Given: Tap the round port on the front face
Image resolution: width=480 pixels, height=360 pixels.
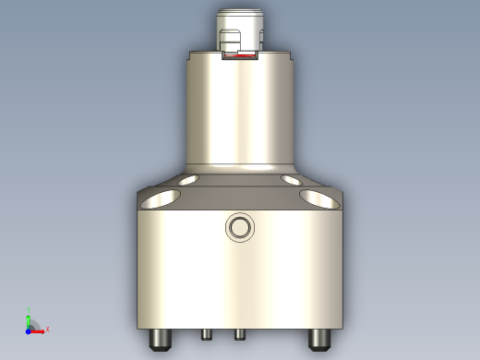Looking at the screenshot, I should [x=240, y=227].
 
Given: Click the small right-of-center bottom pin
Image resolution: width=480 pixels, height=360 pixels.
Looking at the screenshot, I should [x=239, y=333].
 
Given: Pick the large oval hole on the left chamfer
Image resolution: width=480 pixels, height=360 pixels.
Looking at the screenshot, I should [x=162, y=198].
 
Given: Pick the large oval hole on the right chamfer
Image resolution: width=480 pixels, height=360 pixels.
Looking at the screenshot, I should [x=318, y=198].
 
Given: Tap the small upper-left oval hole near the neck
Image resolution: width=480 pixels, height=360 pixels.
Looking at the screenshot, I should [x=189, y=179].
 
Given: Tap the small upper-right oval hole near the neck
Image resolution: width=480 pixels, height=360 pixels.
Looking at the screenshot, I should [x=291, y=179].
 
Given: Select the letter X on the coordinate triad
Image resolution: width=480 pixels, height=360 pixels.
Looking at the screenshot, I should [x=47, y=329].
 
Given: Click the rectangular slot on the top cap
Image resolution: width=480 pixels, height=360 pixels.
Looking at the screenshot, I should [x=230, y=41].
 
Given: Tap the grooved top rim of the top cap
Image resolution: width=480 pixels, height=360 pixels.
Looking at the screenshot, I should [x=240, y=15].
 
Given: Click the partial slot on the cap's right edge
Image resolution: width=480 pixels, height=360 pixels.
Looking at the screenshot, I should [x=262, y=40].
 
